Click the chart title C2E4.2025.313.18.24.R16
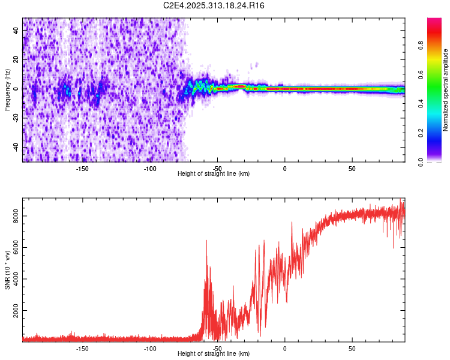click(x=214, y=5)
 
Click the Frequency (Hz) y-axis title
click(x=7, y=89)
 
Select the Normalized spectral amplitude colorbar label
click(x=446, y=90)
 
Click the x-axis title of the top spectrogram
click(x=214, y=174)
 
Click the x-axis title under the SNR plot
click(x=214, y=354)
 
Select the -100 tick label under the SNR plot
click(x=150, y=348)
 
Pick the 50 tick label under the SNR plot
click(x=352, y=348)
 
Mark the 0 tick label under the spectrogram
click(x=285, y=168)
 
